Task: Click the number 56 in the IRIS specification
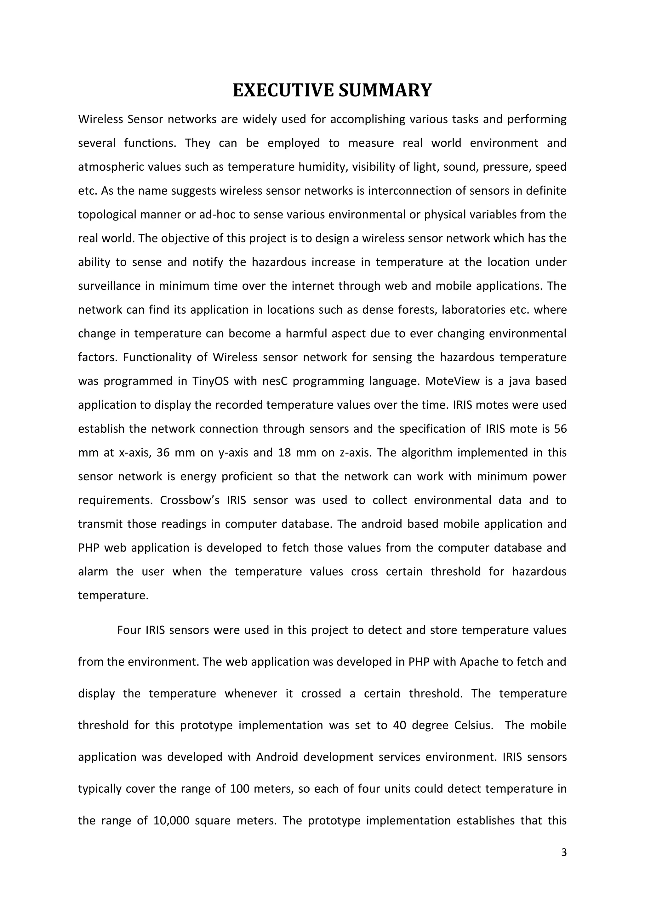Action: tap(560, 429)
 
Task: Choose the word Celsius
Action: tap(473, 725)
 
